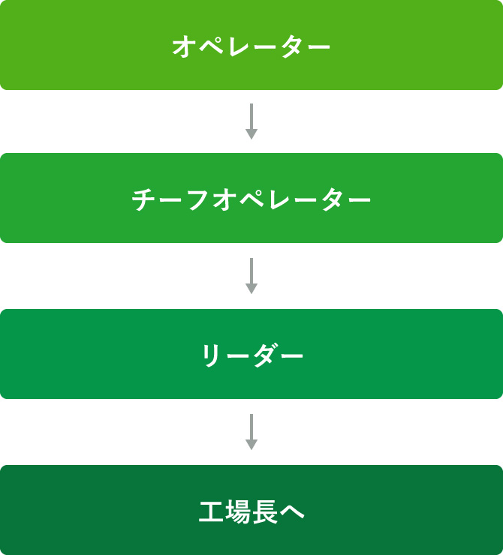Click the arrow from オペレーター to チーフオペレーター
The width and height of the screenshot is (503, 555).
[251, 121]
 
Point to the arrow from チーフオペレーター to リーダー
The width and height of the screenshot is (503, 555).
[251, 276]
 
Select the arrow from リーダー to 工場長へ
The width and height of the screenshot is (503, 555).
[251, 432]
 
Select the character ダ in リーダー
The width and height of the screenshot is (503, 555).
[264, 355]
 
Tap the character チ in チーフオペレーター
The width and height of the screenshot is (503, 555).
[143, 199]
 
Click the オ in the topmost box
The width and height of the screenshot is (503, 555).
[184, 46]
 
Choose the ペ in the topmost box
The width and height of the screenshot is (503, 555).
[211, 46]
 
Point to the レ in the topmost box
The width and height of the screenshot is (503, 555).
[238, 46]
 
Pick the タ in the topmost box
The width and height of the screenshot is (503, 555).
[291, 46]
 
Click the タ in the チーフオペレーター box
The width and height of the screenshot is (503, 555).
[333, 199]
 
